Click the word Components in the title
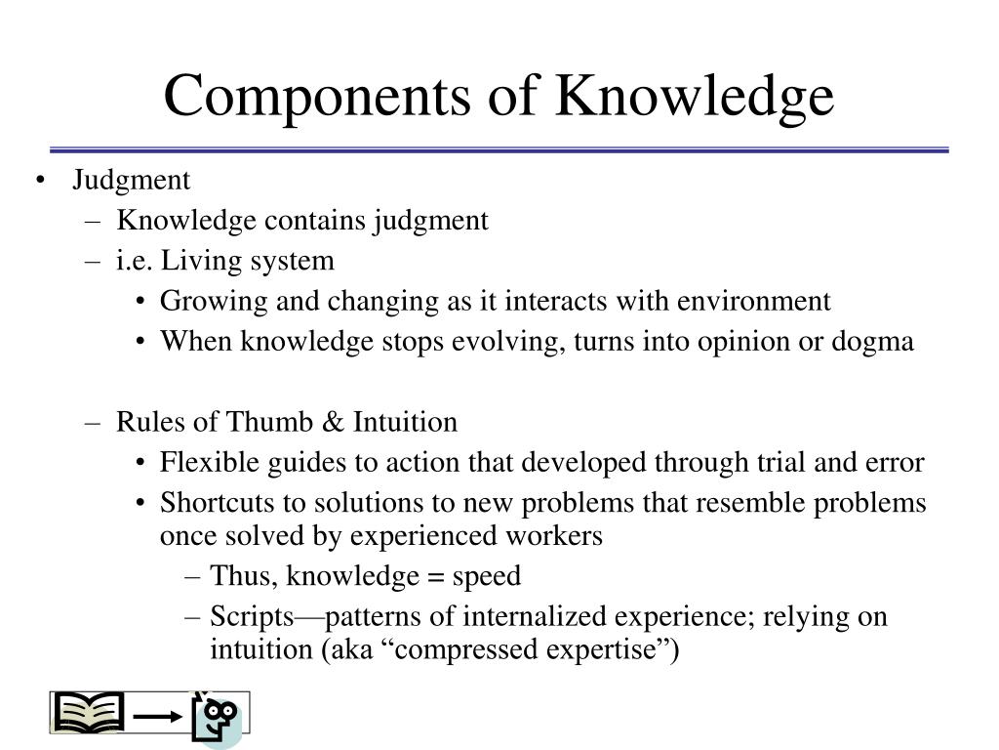coord(317,96)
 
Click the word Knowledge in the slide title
coord(695,96)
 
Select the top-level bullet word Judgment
coord(132,181)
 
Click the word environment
coord(754,301)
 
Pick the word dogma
coord(872,342)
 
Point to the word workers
coord(554,536)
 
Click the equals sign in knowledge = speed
coord(436,576)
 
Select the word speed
coord(487,577)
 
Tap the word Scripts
coord(253,617)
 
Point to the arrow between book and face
coord(158,717)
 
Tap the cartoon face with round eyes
coord(218,718)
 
